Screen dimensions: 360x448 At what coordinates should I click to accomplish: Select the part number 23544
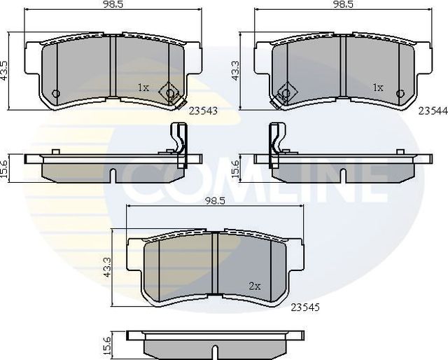click(433, 110)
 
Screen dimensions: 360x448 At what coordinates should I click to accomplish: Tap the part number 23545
click(306, 306)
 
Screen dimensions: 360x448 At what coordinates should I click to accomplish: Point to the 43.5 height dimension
click(6, 70)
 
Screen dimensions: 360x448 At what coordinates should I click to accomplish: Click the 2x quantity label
click(255, 286)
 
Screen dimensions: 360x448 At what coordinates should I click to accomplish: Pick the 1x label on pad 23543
click(143, 88)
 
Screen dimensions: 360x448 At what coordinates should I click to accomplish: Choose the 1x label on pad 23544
click(378, 88)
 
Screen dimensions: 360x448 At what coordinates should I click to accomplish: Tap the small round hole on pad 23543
click(57, 95)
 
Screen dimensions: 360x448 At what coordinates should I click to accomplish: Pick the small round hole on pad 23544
click(400, 95)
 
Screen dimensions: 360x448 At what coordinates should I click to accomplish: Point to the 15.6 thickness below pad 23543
click(6, 168)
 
